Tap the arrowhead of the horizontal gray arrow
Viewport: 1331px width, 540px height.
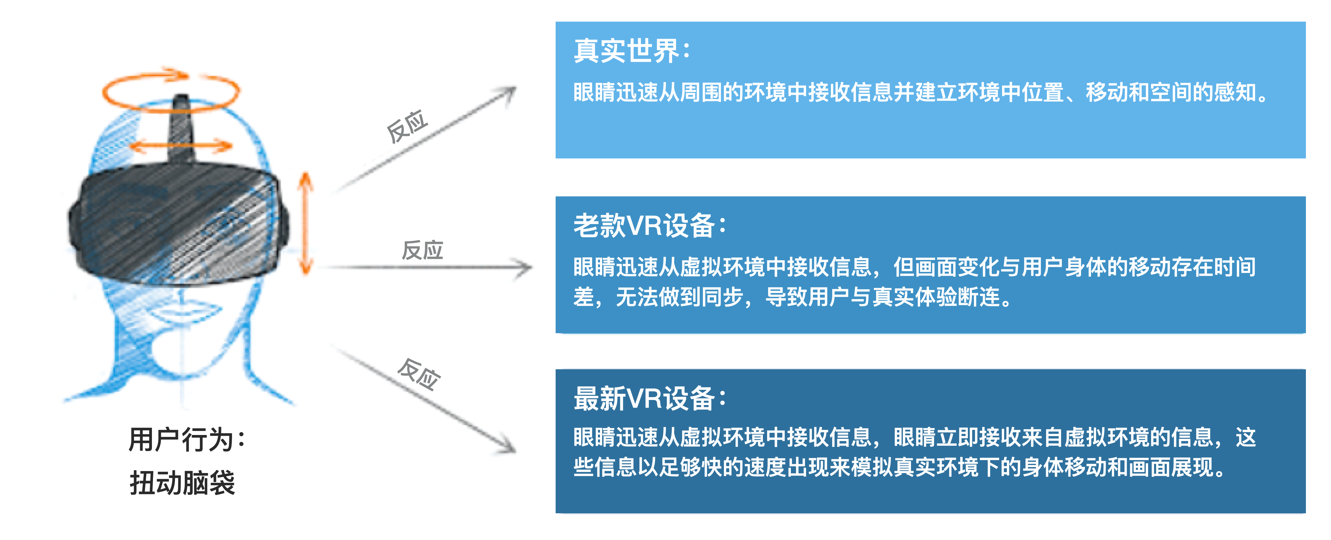pos(524,267)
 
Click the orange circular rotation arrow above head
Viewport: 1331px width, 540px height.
pos(171,91)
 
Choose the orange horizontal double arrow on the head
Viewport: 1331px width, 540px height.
pos(181,146)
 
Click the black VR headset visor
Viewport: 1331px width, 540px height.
pos(178,222)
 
